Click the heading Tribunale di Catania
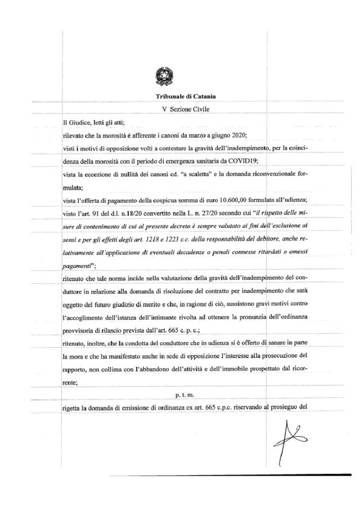pyautogui.click(x=180, y=97)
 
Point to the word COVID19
pyautogui.click(x=242, y=160)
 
